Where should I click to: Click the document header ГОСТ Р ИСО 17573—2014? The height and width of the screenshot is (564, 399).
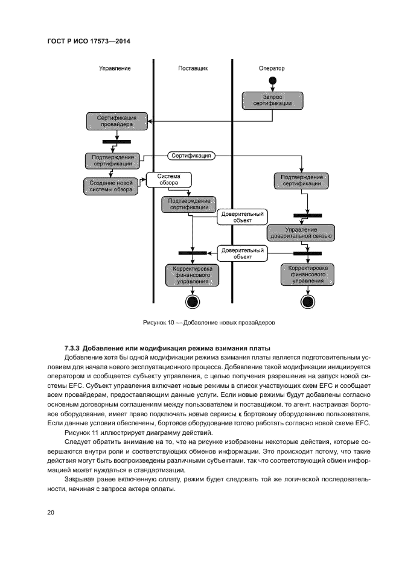tap(89, 41)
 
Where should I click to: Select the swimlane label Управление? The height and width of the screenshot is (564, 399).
tap(115, 69)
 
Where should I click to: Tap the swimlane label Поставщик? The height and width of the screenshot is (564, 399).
tap(193, 69)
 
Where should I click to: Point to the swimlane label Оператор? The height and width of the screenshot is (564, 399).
tap(272, 69)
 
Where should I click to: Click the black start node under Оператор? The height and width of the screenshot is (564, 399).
tap(273, 81)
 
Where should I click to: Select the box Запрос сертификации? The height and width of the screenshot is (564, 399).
tap(273, 100)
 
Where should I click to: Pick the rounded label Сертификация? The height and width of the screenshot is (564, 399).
tap(191, 156)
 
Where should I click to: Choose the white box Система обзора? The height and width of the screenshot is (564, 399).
tap(168, 179)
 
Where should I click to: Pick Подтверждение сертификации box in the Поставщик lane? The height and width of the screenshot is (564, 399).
tap(190, 204)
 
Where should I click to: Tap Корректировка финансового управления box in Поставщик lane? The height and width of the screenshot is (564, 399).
tap(193, 275)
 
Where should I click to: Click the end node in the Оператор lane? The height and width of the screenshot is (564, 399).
tap(308, 302)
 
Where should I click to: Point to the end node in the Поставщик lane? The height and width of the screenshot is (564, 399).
tap(193, 302)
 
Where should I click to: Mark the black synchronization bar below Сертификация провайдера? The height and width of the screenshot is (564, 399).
tap(117, 142)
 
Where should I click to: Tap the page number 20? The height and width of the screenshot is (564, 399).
tap(50, 513)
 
